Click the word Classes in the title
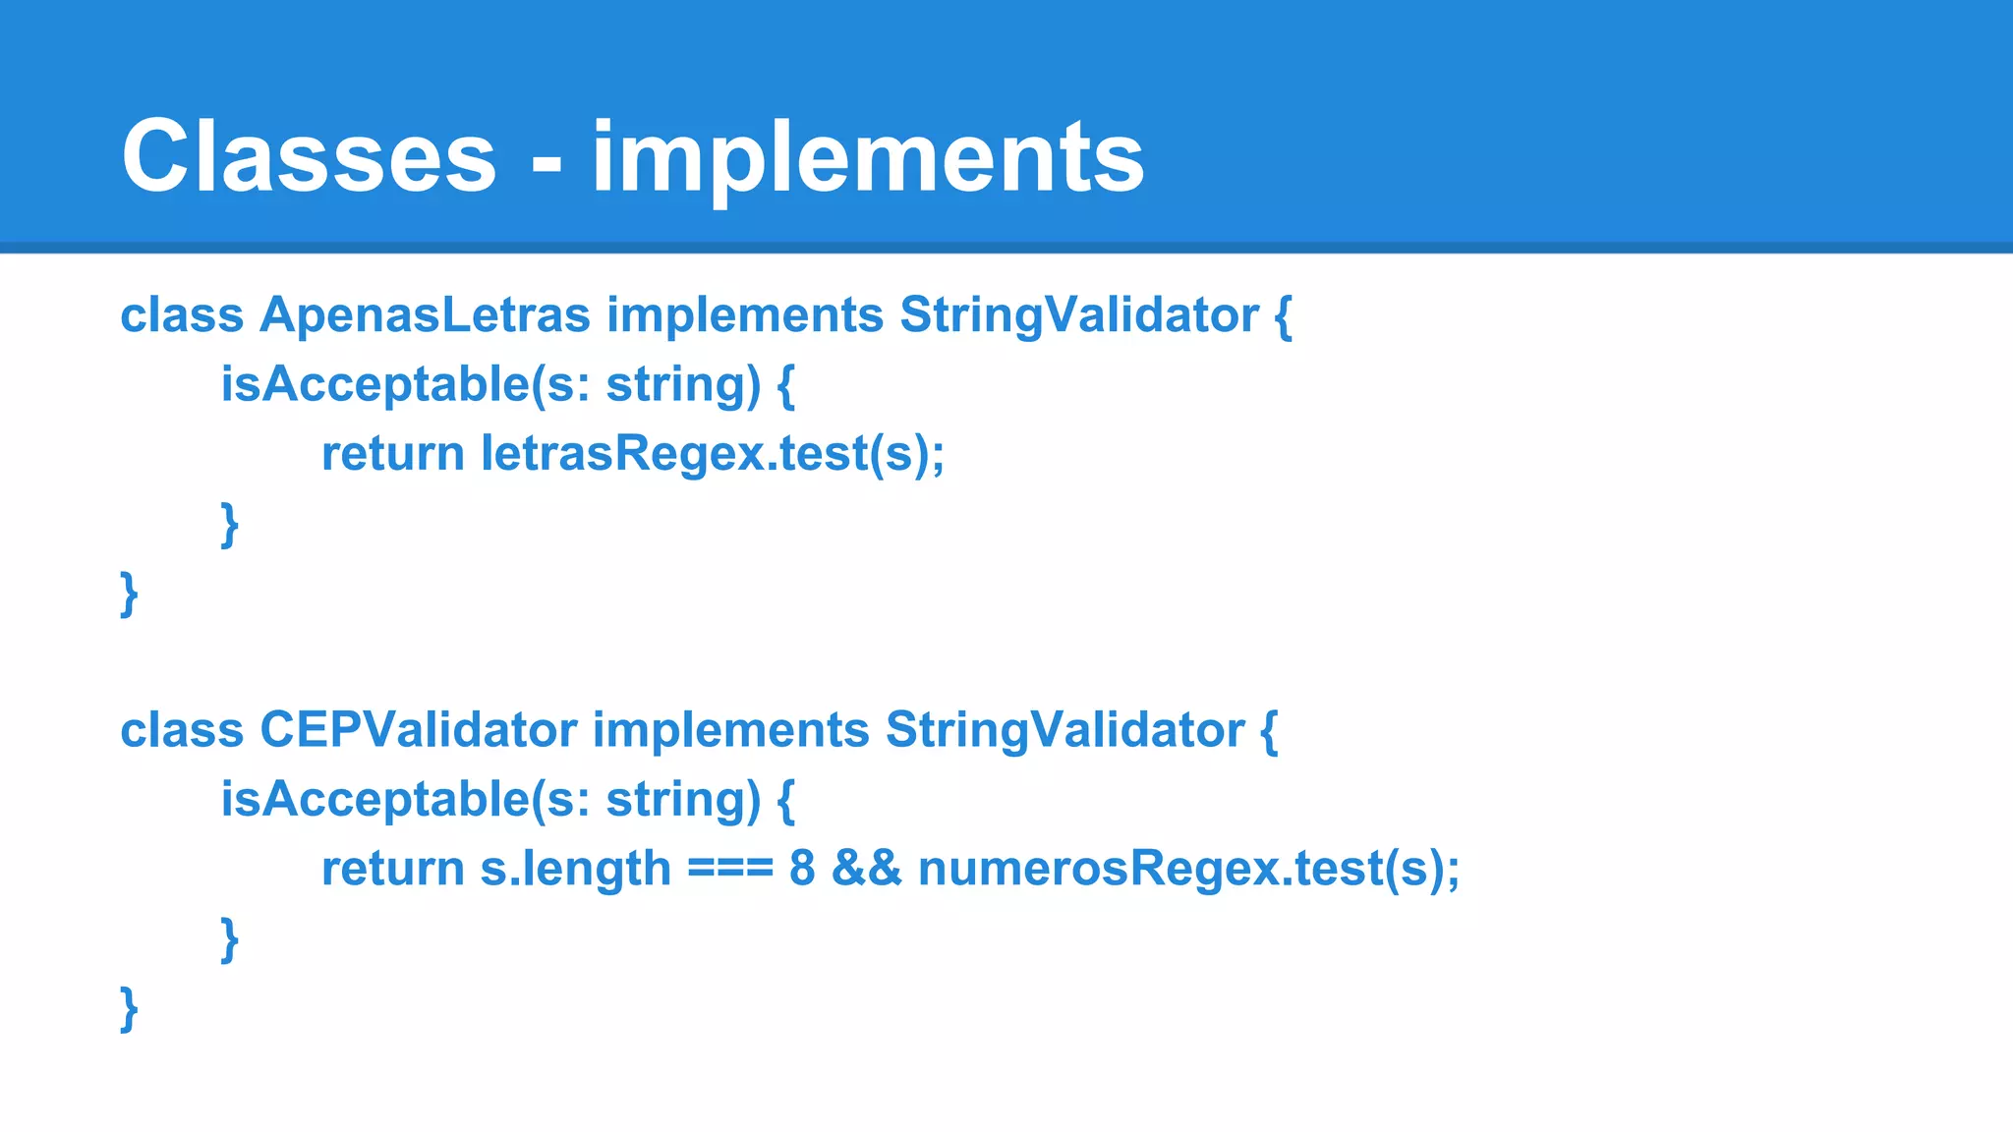309,157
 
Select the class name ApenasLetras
425,315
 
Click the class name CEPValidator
418,730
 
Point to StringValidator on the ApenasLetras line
1078,315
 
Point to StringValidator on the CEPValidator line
1064,730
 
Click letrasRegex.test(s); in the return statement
712,454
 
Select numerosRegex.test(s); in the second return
1188,869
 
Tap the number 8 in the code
802,869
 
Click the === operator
729,869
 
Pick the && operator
866,869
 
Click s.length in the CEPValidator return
575,869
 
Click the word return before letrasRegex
392,454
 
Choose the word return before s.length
392,869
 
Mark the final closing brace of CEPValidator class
129,1009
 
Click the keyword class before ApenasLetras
182,315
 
